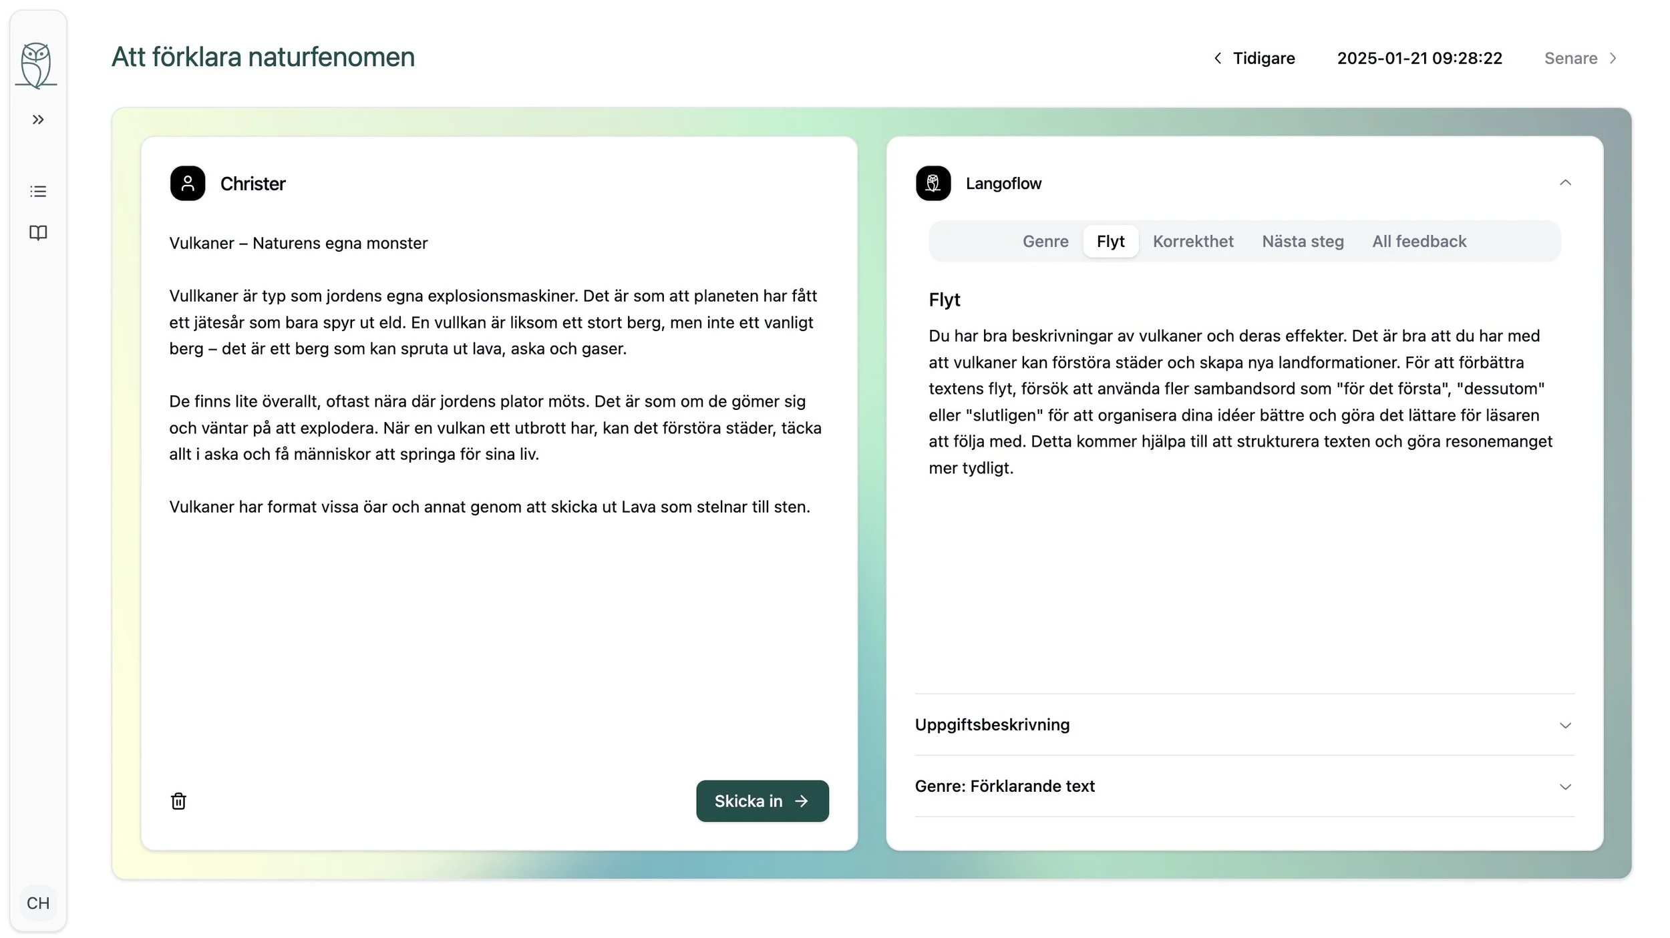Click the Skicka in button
(762, 800)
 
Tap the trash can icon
(178, 800)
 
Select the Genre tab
(1045, 241)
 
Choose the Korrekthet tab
(1192, 241)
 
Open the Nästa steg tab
(1302, 241)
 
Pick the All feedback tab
(1419, 241)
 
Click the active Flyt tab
(1110, 241)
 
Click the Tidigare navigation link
(1254, 58)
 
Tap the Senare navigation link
(1580, 58)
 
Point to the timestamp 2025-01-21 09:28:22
(1419, 58)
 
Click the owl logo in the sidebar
(36, 65)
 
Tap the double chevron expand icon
(38, 120)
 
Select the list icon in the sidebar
(38, 192)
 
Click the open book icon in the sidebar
(38, 232)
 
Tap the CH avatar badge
(38, 903)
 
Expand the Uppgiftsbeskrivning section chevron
(1564, 725)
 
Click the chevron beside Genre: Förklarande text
(1564, 786)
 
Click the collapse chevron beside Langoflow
(1564, 183)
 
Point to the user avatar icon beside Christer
(188, 183)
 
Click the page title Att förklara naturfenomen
(263, 57)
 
